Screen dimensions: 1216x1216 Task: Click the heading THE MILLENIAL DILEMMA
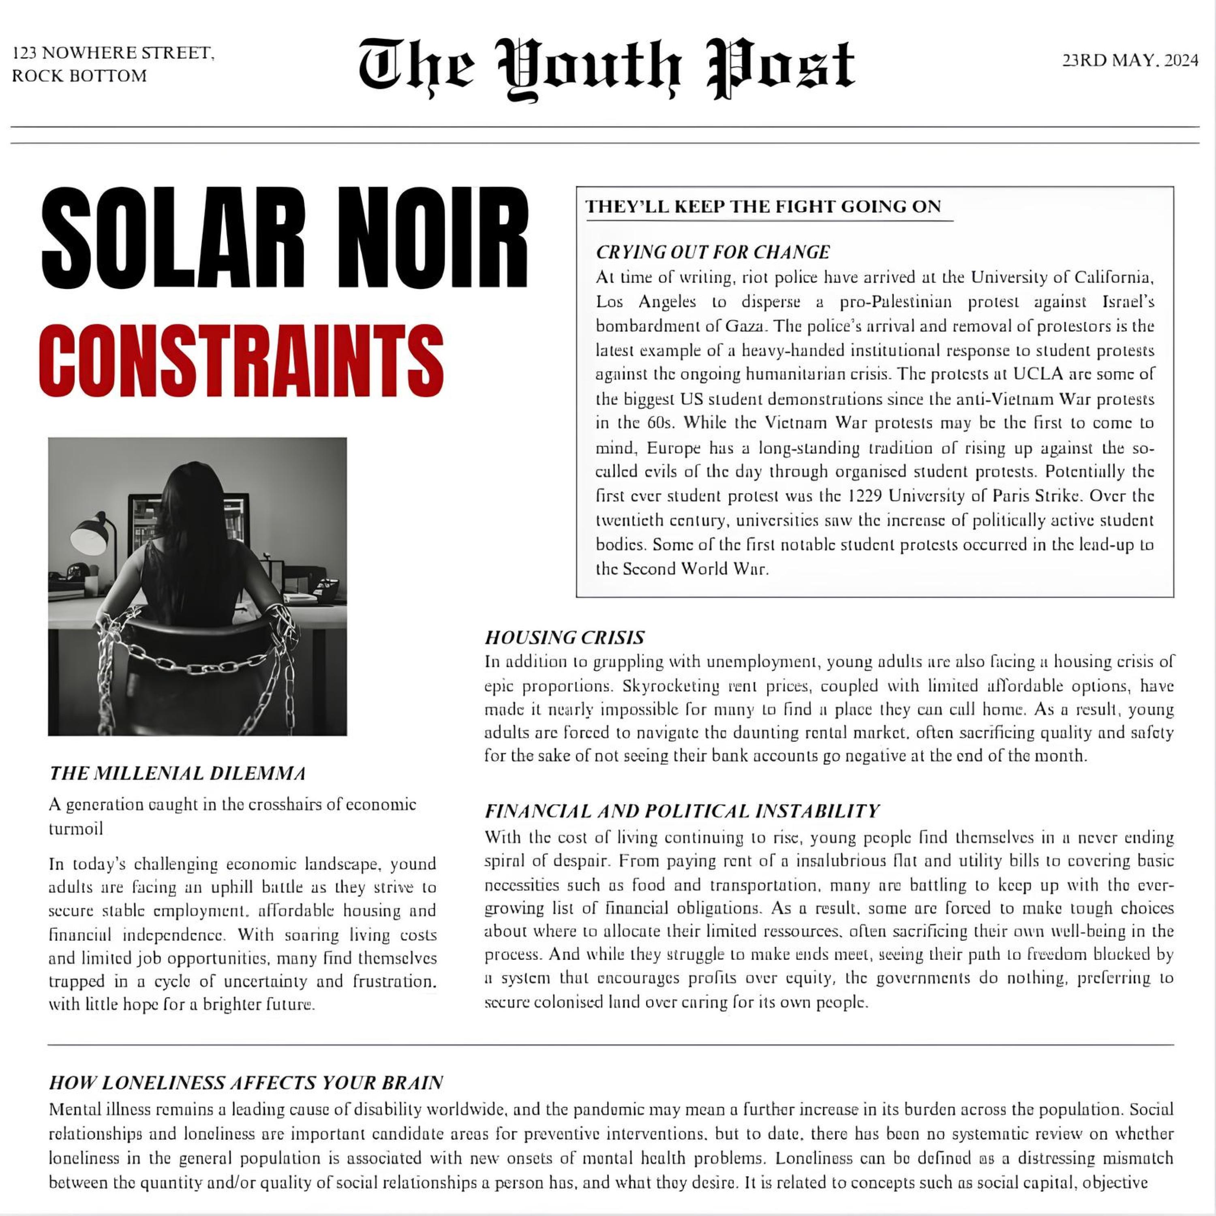click(x=178, y=773)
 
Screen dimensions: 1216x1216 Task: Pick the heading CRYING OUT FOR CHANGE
click(x=713, y=253)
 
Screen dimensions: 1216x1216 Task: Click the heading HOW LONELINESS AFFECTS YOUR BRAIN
click(x=246, y=1083)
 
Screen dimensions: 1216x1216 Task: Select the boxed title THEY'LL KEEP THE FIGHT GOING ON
click(x=763, y=206)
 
